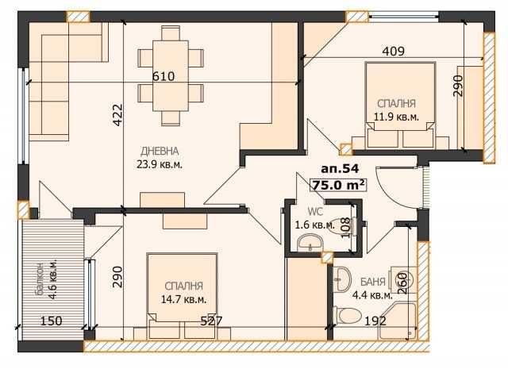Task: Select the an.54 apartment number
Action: (339, 168)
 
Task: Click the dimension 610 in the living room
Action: (164, 76)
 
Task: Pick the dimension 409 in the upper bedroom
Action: (394, 52)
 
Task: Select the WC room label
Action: (316, 212)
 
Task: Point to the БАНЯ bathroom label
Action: (372, 282)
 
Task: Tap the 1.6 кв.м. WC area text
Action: (314, 225)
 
